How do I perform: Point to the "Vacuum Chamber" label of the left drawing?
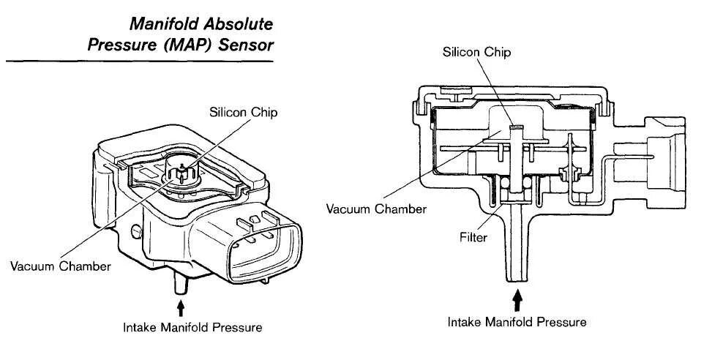[x=60, y=266]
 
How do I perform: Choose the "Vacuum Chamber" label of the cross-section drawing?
[x=377, y=209]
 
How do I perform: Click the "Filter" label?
[x=473, y=238]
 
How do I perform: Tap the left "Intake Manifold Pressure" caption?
[x=192, y=327]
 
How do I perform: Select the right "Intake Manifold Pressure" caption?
[x=517, y=322]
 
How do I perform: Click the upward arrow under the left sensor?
[x=181, y=305]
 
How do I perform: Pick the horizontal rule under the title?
[x=139, y=62]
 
